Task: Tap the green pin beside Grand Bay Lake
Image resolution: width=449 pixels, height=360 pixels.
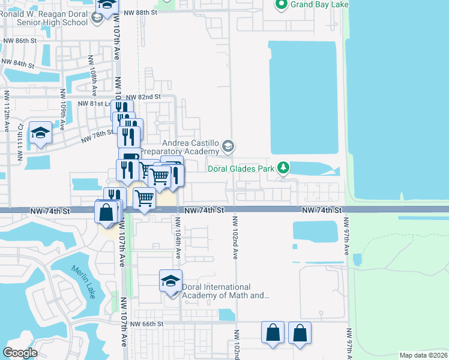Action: coord(280,5)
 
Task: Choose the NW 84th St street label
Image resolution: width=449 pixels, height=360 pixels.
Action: coord(17,62)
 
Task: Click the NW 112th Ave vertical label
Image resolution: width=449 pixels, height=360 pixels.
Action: coord(7,111)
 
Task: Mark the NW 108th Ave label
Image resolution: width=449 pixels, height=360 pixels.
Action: coord(93,76)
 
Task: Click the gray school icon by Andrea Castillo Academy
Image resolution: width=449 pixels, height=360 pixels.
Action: coord(228,146)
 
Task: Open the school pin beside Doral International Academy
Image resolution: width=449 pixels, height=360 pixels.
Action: coord(170,281)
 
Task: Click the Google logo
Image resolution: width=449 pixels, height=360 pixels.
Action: coord(20,352)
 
